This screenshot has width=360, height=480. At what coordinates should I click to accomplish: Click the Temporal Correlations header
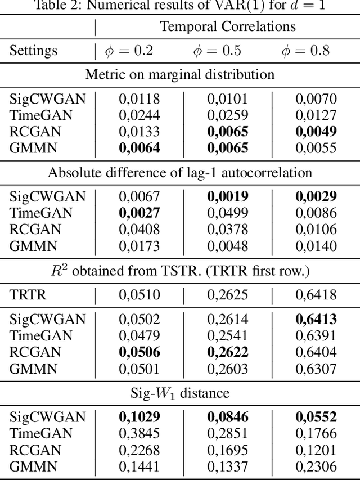(x=228, y=26)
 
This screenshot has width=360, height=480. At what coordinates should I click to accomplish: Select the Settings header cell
(x=33, y=51)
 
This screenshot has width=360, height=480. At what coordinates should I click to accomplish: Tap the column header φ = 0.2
(x=129, y=51)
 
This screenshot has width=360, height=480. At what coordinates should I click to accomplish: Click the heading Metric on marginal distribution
(x=180, y=74)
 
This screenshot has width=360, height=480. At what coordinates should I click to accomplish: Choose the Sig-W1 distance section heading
(x=180, y=393)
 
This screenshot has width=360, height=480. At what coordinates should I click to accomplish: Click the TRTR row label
(x=29, y=294)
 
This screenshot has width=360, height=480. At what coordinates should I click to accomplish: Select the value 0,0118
(x=139, y=99)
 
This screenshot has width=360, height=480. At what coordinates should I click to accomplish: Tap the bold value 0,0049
(x=316, y=132)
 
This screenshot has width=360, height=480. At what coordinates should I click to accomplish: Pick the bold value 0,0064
(x=139, y=148)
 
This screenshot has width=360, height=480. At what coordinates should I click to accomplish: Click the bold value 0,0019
(x=227, y=197)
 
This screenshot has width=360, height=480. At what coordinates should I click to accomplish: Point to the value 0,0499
(x=227, y=213)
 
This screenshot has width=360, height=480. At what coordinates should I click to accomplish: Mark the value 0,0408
(x=139, y=230)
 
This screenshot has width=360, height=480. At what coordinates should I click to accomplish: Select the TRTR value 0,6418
(x=316, y=294)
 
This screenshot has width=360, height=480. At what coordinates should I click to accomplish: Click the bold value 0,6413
(x=316, y=319)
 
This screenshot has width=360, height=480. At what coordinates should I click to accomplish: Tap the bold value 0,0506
(x=139, y=352)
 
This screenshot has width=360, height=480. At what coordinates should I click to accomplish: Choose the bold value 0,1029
(x=139, y=418)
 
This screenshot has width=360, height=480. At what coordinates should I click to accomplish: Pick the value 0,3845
(x=139, y=434)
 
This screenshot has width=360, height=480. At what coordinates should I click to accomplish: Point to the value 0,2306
(x=316, y=466)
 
